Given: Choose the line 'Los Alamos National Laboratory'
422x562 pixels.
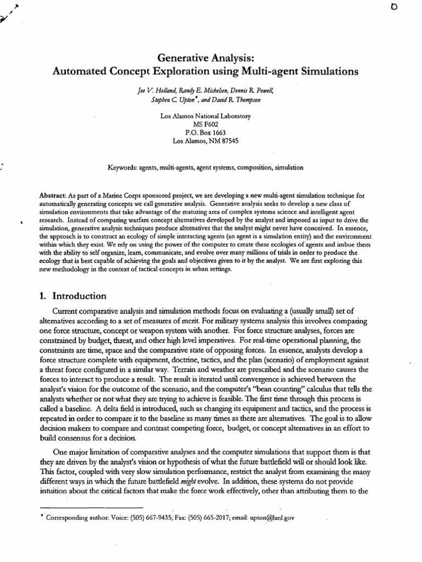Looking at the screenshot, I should [204, 116].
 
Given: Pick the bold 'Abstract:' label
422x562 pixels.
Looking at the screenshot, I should [53, 195].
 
